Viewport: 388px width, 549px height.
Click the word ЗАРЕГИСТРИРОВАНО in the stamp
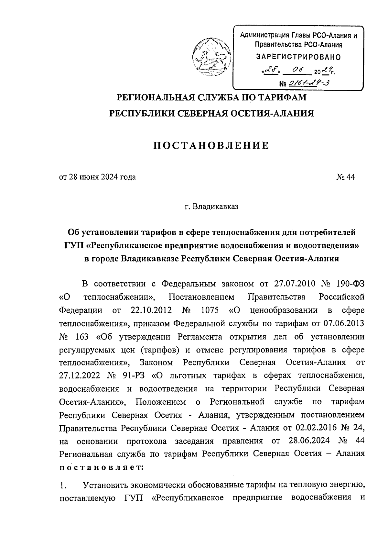point(298,57)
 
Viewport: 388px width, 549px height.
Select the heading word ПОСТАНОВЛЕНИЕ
point(211,146)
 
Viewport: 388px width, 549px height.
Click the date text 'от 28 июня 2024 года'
point(97,177)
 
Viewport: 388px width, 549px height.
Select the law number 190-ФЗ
point(350,284)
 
